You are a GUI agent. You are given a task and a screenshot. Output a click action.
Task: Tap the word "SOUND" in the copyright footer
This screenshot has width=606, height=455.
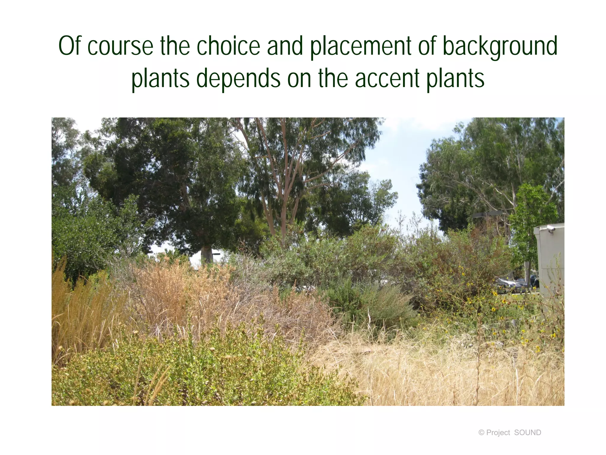[528, 432]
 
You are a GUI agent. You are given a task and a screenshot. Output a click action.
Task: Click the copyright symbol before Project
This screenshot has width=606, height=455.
[481, 432]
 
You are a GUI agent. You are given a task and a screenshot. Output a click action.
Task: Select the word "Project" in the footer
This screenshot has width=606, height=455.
[498, 432]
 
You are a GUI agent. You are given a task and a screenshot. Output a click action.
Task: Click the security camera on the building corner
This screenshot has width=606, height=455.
[551, 228]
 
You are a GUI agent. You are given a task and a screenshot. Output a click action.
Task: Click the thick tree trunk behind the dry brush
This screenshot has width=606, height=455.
[207, 255]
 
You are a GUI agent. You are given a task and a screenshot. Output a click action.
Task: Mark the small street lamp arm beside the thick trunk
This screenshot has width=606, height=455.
[216, 254]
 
